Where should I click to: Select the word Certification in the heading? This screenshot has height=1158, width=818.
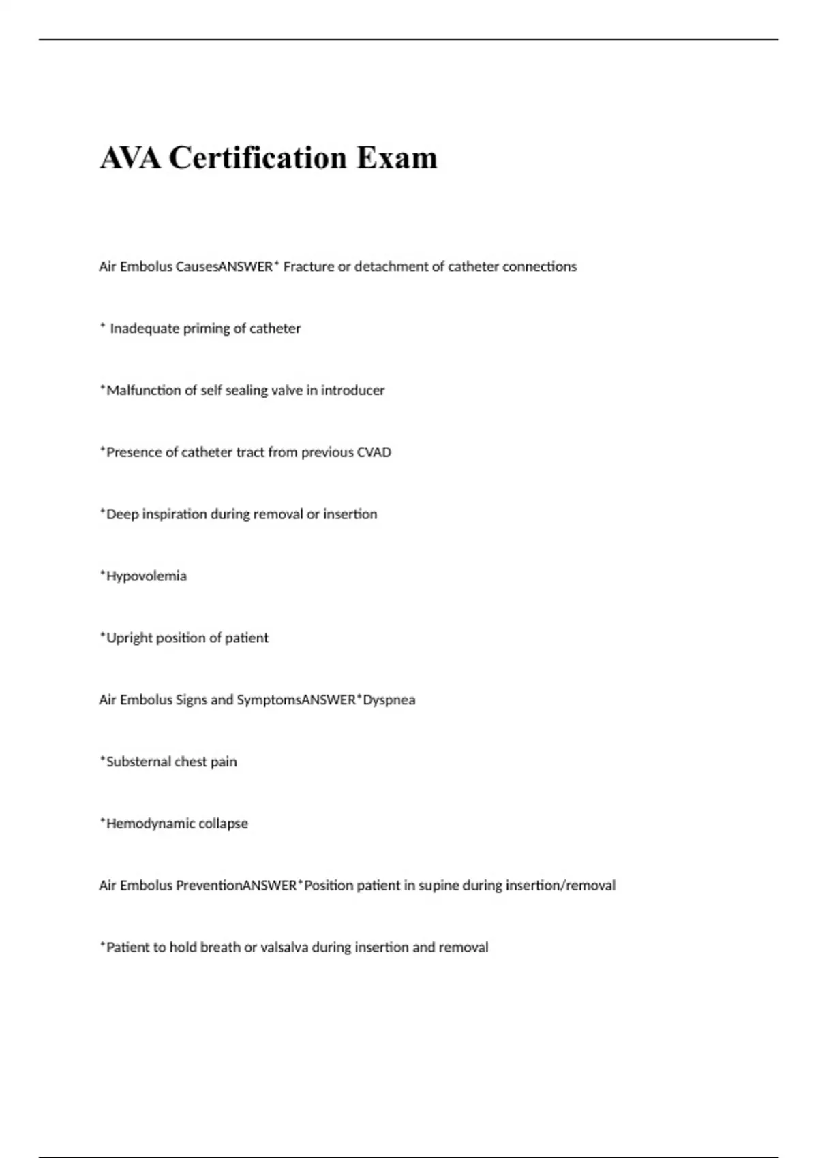click(x=258, y=158)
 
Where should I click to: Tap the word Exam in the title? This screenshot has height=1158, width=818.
click(x=397, y=158)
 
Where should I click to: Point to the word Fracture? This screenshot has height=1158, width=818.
click(x=308, y=266)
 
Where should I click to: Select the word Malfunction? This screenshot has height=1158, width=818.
click(x=143, y=390)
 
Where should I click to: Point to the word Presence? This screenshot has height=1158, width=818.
click(x=134, y=452)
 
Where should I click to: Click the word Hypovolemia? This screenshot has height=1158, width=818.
click(x=146, y=576)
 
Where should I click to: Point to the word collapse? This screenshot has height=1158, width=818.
click(x=223, y=824)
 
